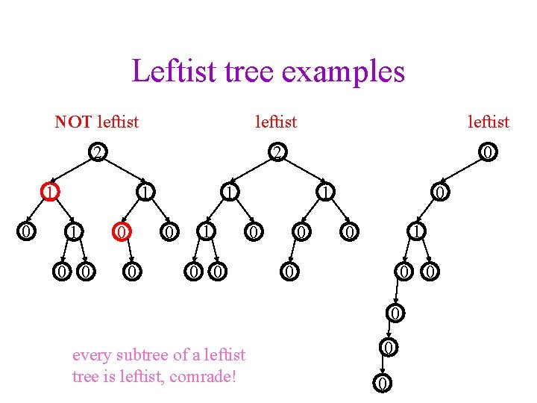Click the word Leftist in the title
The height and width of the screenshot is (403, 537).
[x=166, y=72]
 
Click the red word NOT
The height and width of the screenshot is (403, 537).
[x=73, y=121]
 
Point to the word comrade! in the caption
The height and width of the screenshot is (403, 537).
[x=204, y=376]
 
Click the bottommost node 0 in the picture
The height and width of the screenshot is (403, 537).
[x=382, y=384]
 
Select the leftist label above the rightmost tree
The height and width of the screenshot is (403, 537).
[x=488, y=121]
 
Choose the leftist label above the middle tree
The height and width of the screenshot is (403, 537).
[x=275, y=121]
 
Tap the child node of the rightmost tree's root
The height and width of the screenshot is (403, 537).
[x=441, y=193]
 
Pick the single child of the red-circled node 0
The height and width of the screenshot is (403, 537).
[x=131, y=272]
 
